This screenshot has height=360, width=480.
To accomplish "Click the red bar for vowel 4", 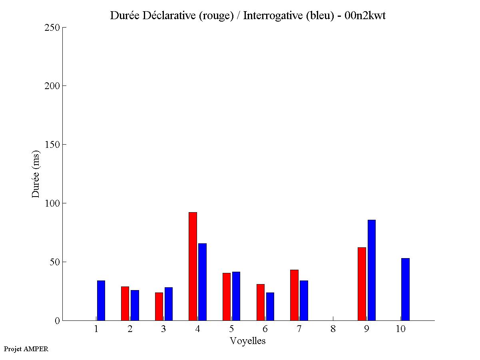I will (193, 266).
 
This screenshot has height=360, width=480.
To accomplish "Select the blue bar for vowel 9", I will (372, 270).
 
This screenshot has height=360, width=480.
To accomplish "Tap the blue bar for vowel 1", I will (101, 300).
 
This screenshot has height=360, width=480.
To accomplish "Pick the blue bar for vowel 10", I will (405, 289).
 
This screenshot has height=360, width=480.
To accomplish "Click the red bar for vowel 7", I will (294, 295).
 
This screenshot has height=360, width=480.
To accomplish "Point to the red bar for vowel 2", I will (125, 303).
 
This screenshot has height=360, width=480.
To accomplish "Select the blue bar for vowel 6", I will (270, 306).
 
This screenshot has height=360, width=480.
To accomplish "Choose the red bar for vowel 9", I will (362, 284).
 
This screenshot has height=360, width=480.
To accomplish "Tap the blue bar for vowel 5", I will (236, 296).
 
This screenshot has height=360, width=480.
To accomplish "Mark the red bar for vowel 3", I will (159, 306).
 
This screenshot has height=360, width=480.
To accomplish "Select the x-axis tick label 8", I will (333, 329).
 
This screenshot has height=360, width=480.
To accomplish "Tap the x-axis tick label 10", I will (400, 329).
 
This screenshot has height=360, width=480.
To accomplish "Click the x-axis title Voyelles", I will (248, 341).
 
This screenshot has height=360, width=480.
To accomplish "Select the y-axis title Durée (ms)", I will (36, 174).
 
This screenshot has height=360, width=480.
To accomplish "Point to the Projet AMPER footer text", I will (26, 349).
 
